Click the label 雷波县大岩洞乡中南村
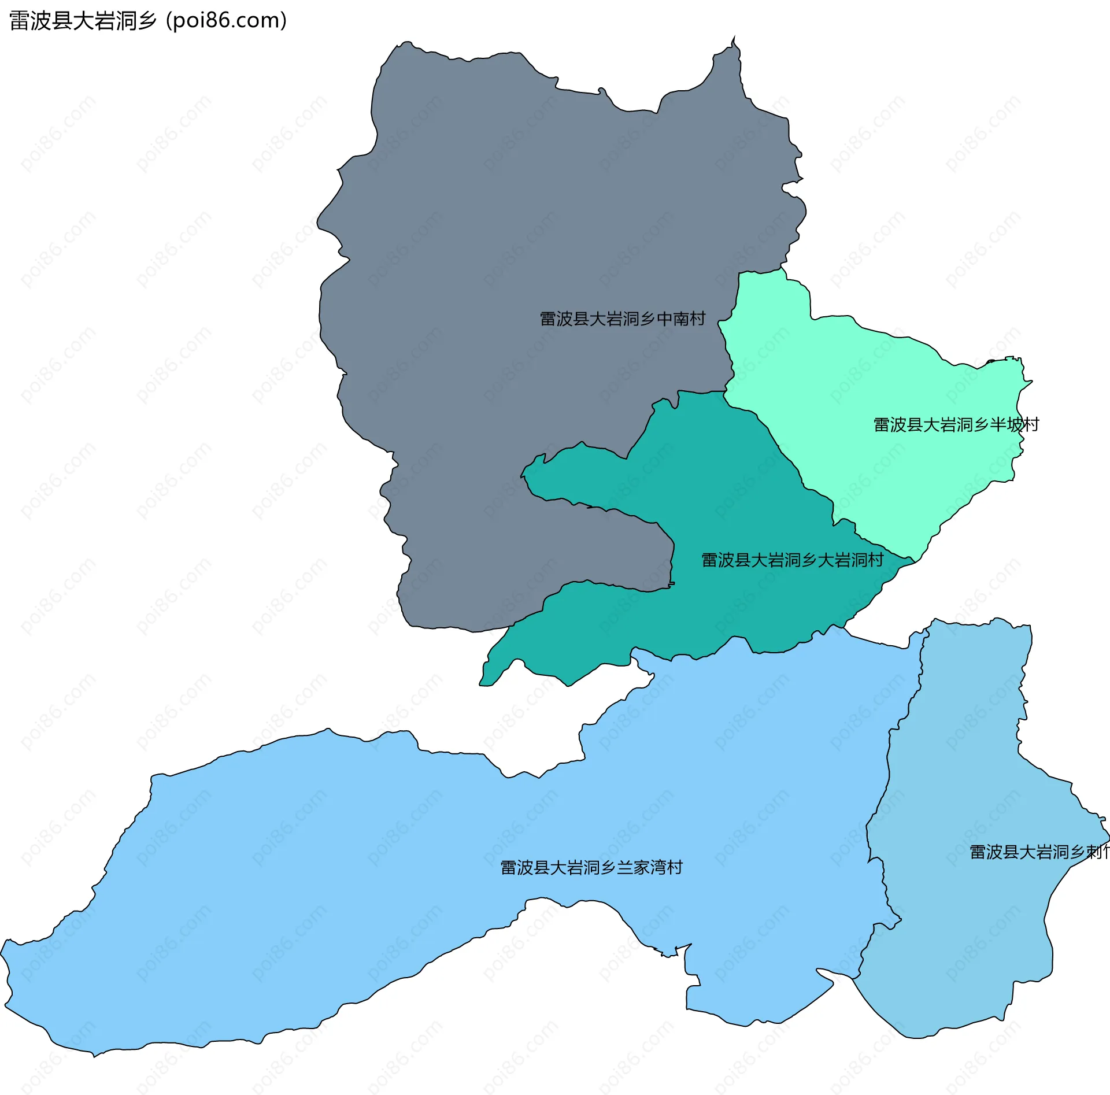tap(622, 319)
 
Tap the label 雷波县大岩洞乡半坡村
tap(956, 425)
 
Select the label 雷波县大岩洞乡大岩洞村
tap(792, 560)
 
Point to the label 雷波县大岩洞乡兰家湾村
tap(591, 867)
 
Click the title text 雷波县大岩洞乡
tap(83, 21)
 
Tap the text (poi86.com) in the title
tap(227, 21)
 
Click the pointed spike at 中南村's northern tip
tap(734, 38)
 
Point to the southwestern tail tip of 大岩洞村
tap(481, 685)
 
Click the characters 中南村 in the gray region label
tap(681, 319)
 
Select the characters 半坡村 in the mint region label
tap(1015, 425)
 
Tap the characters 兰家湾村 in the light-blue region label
tap(650, 867)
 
